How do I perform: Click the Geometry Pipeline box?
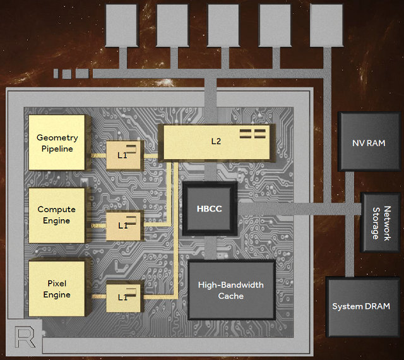click(x=57, y=143)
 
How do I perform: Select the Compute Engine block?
click(x=57, y=215)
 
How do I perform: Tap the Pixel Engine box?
click(x=57, y=289)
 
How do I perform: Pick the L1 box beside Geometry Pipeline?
click(x=123, y=154)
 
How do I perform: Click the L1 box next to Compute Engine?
click(x=123, y=225)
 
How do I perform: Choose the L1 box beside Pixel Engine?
click(x=123, y=297)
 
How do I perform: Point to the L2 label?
click(x=216, y=141)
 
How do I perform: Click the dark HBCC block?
click(x=210, y=209)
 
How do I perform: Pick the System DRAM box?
click(x=361, y=306)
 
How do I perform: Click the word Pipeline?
click(x=57, y=149)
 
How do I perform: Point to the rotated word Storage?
click(x=376, y=224)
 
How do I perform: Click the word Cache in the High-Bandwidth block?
click(x=232, y=296)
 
